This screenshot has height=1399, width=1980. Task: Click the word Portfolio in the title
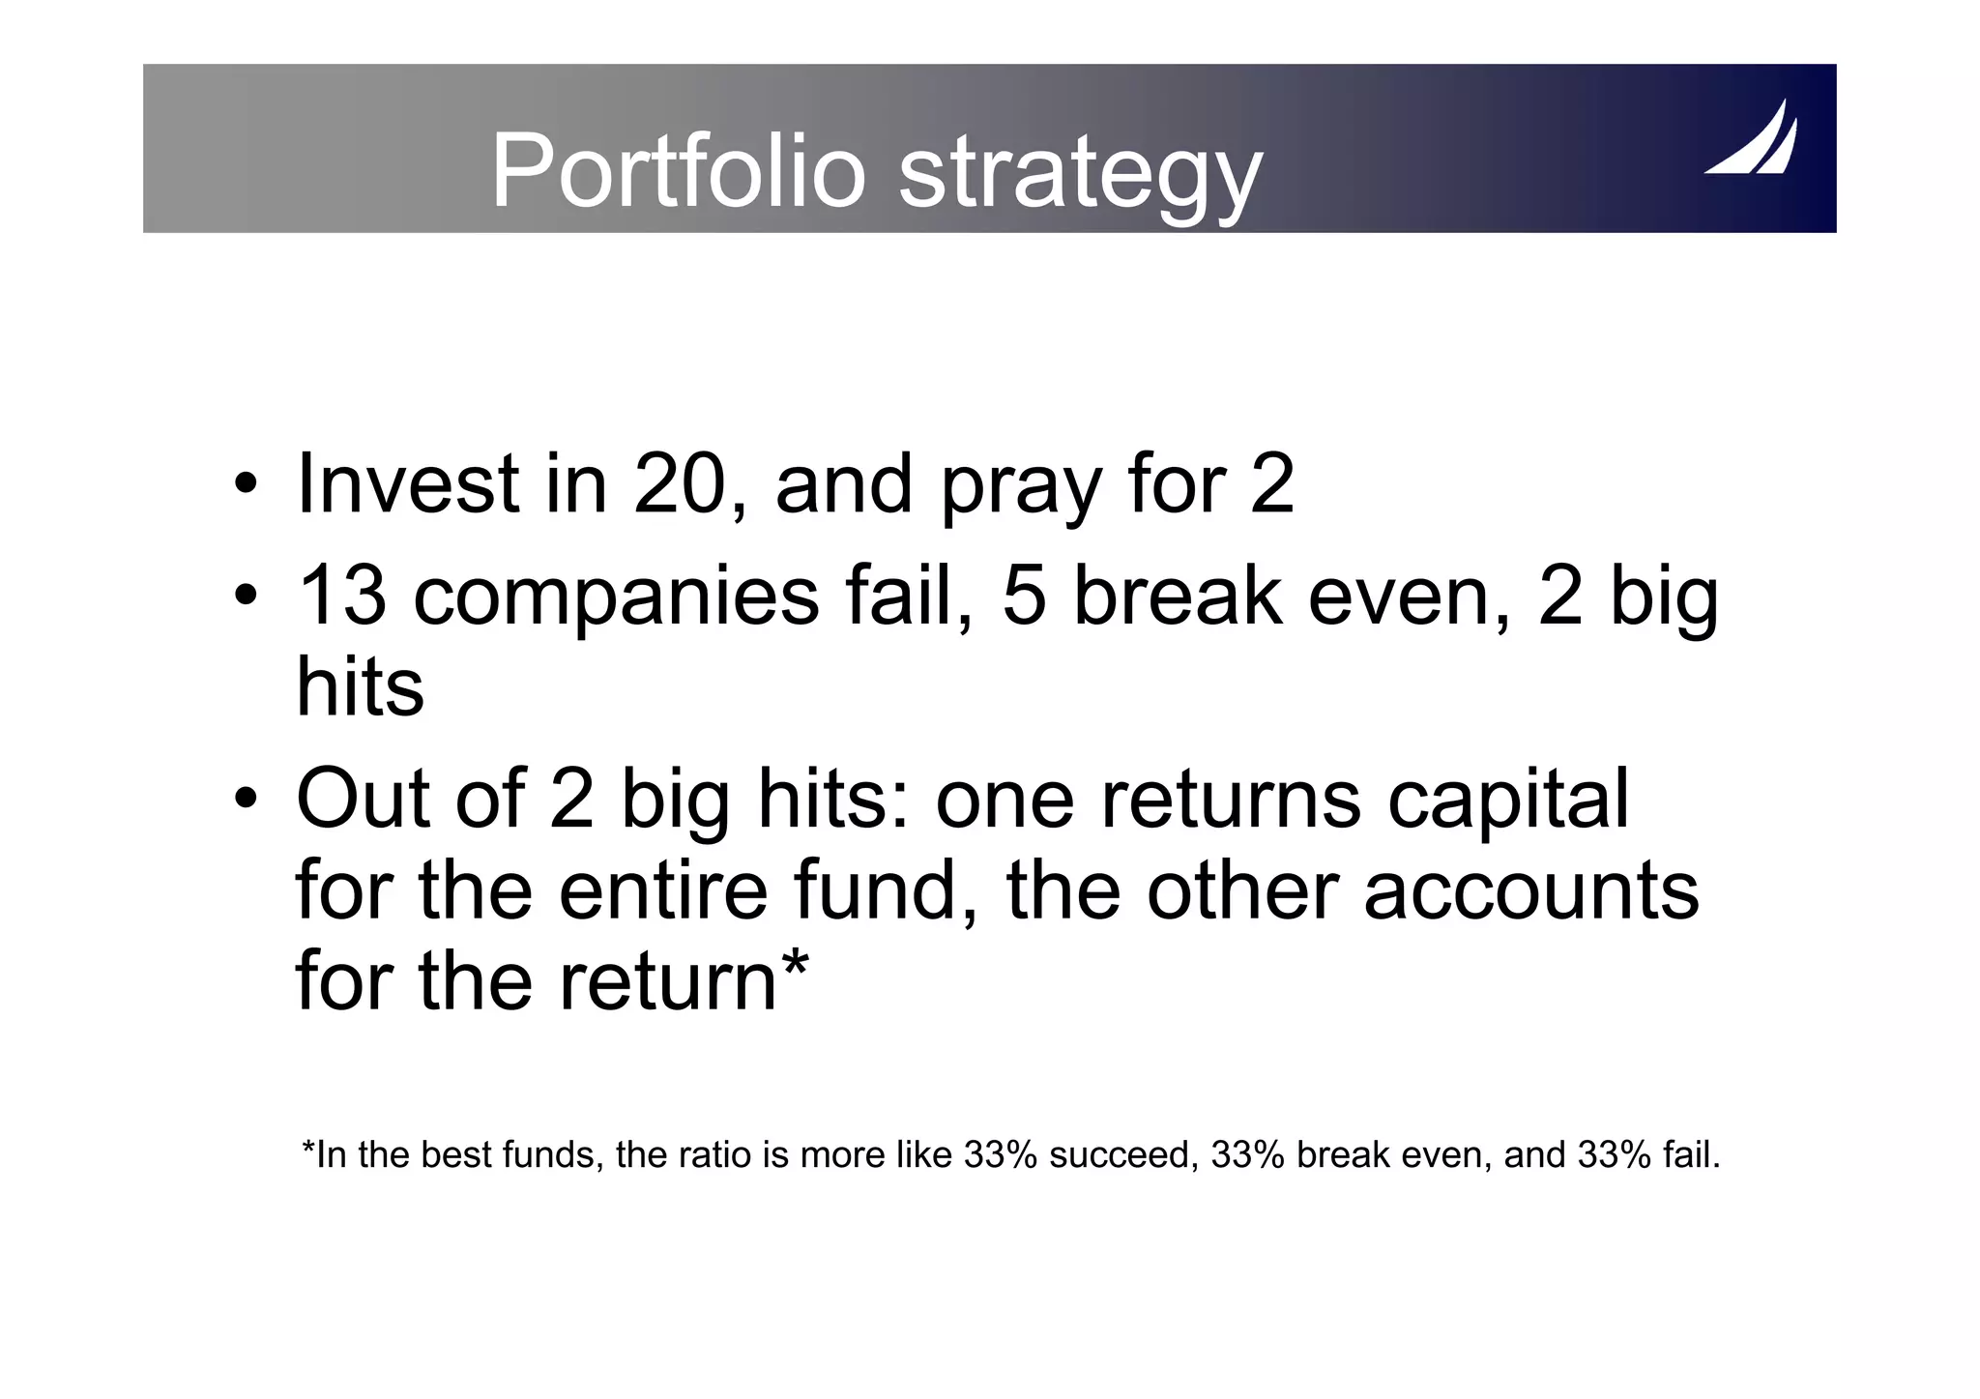677,172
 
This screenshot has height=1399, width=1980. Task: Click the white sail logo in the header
1751,140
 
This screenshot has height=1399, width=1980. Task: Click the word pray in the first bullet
1022,488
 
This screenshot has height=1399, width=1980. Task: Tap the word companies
616,599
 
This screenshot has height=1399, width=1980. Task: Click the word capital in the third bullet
1508,801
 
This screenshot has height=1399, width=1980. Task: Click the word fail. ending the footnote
1692,1155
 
